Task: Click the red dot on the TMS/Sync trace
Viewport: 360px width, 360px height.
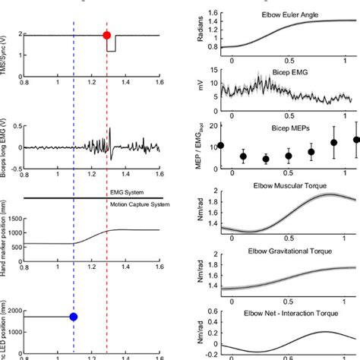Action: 106,35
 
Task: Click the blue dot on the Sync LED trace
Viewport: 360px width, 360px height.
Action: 74,316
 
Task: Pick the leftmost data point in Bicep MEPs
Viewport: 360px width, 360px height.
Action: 221,145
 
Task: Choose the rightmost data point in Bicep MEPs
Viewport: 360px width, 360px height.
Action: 358,140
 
